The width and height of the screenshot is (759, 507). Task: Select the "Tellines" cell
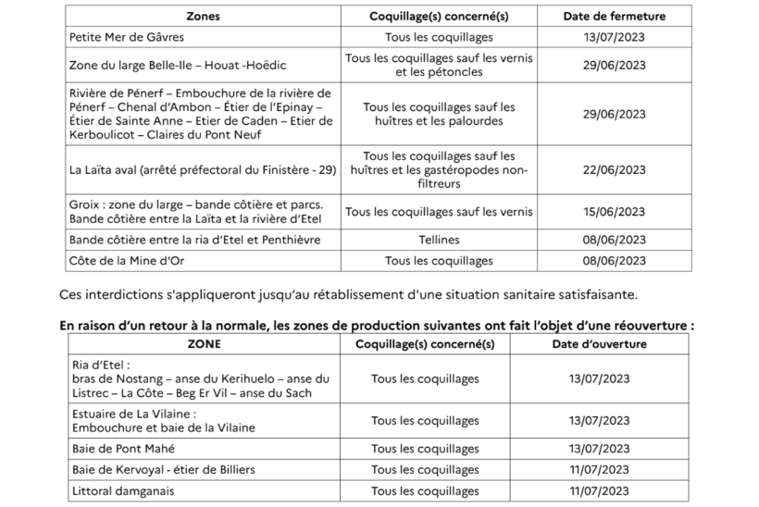click(x=439, y=240)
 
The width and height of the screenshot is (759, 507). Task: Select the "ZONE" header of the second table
click(x=204, y=343)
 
